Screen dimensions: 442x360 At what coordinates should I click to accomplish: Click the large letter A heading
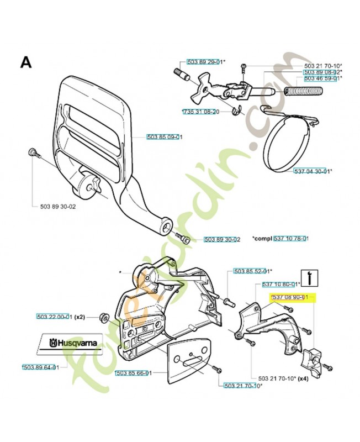click(x=26, y=61)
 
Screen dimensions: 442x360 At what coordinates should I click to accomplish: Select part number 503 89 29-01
click(x=205, y=62)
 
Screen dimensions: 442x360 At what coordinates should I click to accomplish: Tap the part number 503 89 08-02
click(x=322, y=72)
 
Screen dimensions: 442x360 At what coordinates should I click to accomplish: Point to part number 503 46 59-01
click(x=322, y=78)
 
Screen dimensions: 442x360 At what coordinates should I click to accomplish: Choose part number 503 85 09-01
click(x=165, y=137)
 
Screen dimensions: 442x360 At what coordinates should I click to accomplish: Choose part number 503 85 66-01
click(x=130, y=373)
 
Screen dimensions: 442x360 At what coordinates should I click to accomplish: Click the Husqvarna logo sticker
click(x=70, y=344)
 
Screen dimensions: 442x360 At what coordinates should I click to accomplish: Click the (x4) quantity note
click(x=303, y=379)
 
